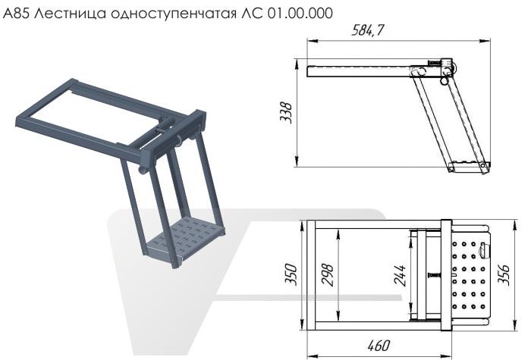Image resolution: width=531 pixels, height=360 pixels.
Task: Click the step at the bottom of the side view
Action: pyautogui.click(x=468, y=164)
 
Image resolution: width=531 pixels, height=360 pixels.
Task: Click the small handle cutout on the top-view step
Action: pyautogui.click(x=487, y=249)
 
